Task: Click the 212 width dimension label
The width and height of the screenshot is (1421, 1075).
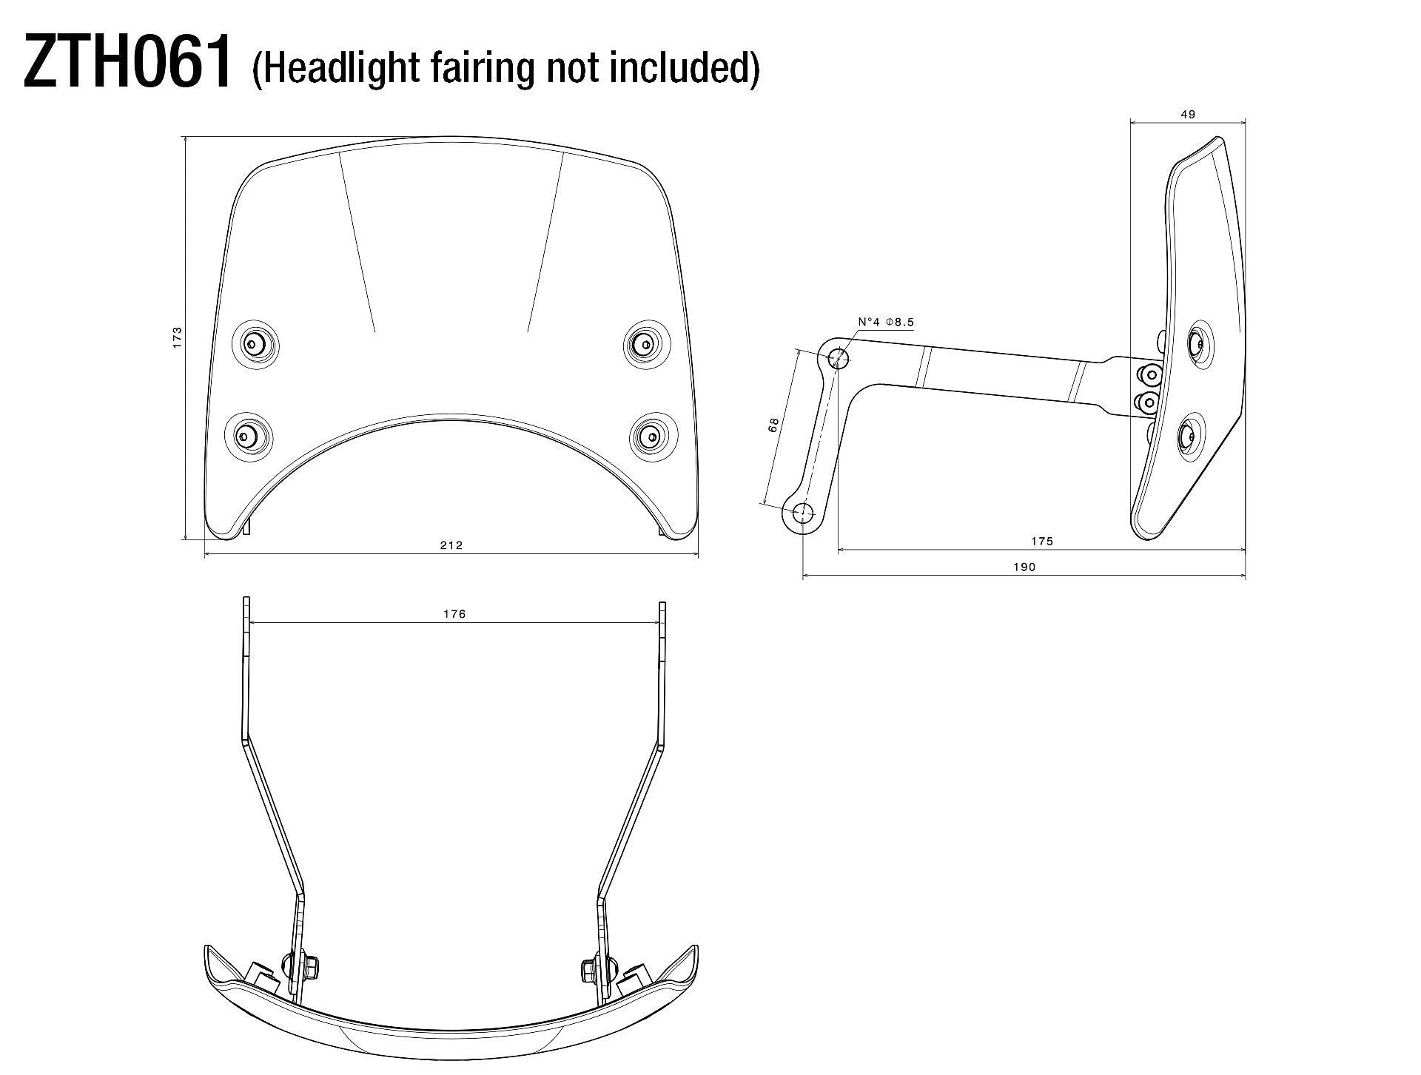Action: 451,545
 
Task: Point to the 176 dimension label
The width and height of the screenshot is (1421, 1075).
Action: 454,614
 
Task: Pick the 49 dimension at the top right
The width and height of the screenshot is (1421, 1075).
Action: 1188,115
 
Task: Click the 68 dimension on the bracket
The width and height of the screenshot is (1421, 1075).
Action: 773,425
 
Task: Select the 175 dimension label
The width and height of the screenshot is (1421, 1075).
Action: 1041,542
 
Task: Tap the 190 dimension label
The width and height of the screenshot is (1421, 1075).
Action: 1024,567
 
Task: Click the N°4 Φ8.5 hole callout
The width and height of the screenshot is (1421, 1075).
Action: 886,322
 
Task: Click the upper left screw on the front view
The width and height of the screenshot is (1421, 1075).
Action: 255,343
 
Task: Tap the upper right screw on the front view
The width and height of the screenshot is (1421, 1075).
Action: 646,344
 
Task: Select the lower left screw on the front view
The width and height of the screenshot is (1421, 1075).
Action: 246,436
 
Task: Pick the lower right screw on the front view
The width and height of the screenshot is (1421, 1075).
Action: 651,437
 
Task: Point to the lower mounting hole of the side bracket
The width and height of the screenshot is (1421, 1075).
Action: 803,511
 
